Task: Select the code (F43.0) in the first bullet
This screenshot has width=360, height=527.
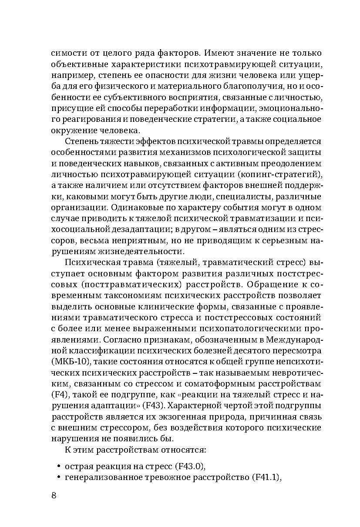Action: [x=189, y=466]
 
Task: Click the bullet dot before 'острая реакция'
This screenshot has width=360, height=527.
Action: [x=58, y=466]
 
